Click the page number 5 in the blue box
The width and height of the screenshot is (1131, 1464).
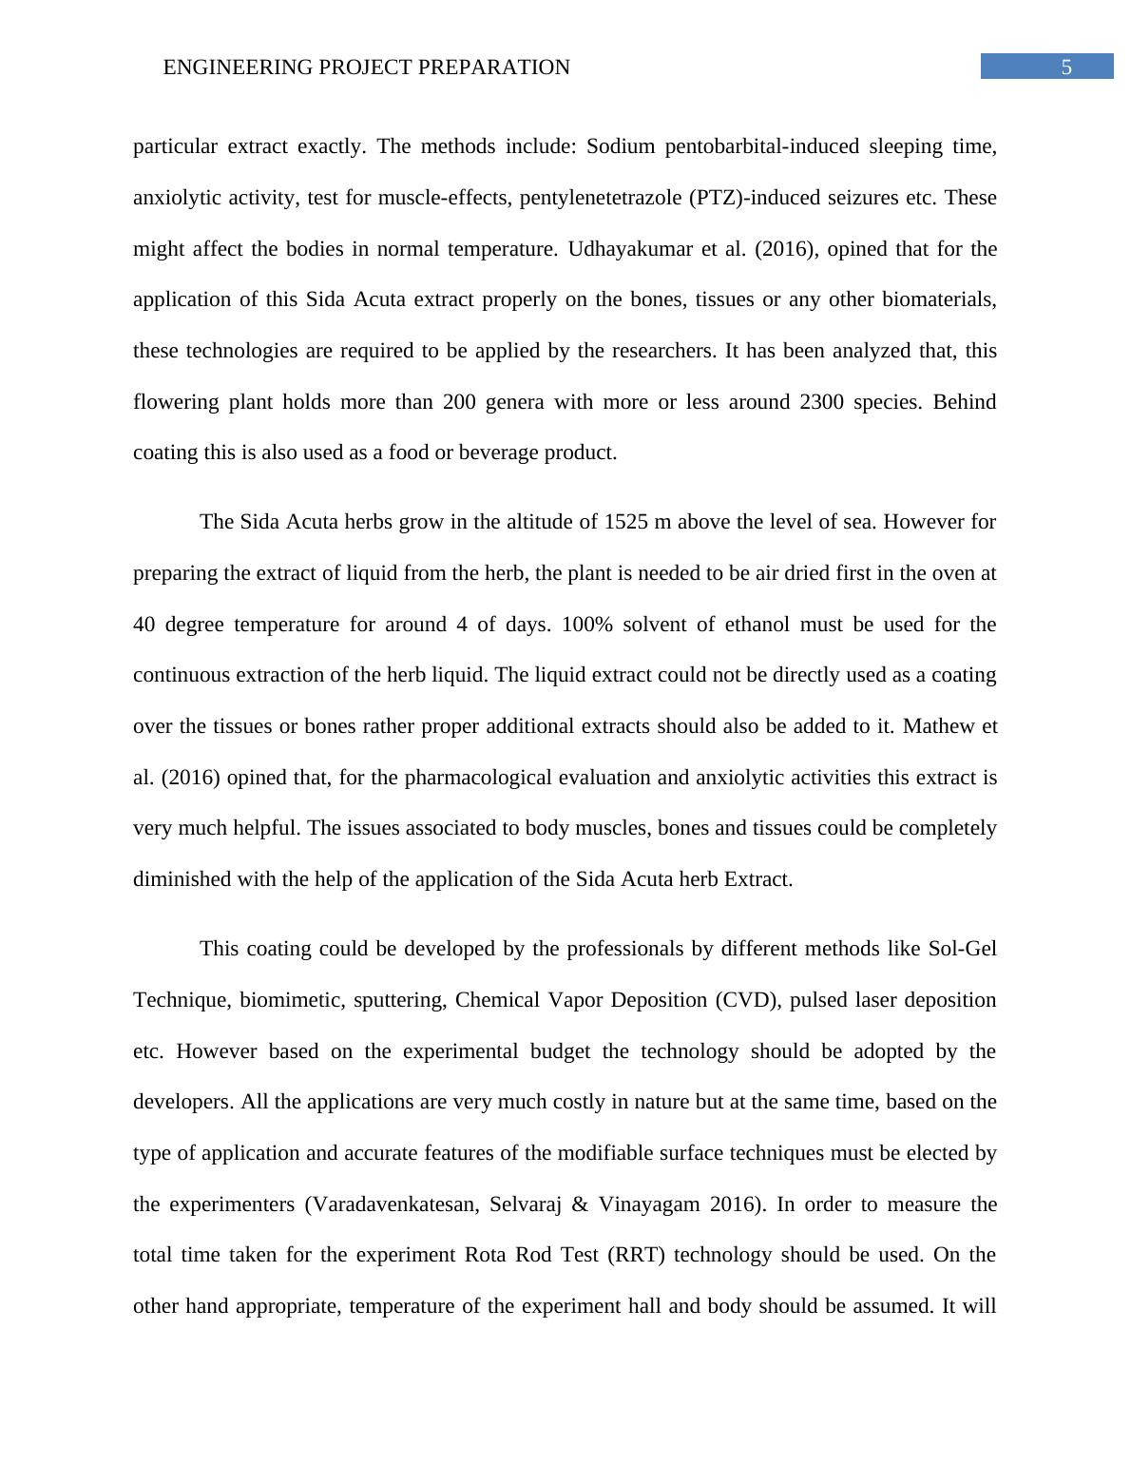pos(1066,67)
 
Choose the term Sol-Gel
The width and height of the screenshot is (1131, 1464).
pos(962,949)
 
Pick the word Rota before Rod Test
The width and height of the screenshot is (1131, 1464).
pos(487,1255)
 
